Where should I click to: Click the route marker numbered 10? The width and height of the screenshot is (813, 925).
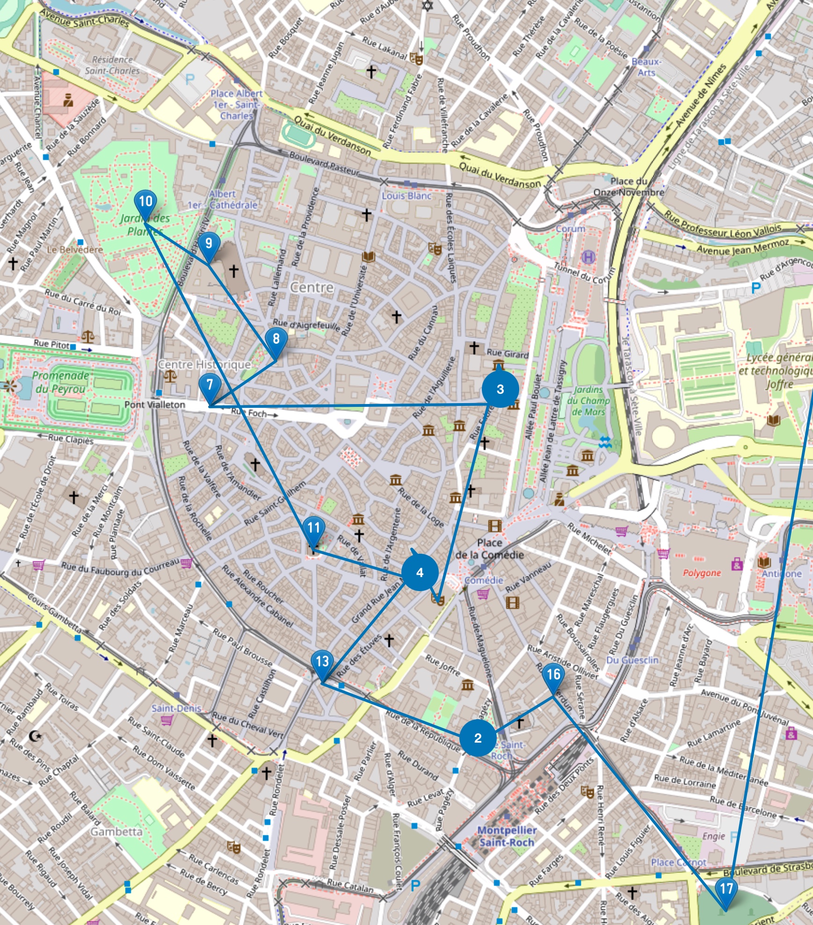[x=145, y=202]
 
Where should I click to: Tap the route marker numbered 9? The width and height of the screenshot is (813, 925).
[x=209, y=244]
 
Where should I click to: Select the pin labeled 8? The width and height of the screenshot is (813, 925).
[x=276, y=339]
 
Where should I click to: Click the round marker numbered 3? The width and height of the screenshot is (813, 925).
[x=500, y=389]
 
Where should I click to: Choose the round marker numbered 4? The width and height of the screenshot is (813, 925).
[x=420, y=572]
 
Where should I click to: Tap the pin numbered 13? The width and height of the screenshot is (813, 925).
[x=322, y=662]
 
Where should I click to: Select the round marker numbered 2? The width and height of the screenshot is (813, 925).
[x=478, y=738]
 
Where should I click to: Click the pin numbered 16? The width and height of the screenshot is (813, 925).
[x=553, y=675]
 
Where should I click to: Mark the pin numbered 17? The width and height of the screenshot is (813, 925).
[x=726, y=889]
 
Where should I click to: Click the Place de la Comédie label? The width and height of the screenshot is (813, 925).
[x=489, y=549]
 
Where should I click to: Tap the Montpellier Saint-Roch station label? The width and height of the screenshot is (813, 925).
[x=507, y=836]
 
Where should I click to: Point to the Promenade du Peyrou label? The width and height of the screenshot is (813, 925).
[x=60, y=382]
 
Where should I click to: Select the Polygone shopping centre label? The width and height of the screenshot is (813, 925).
[x=702, y=573]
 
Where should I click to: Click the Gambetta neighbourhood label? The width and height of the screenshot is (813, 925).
[x=116, y=832]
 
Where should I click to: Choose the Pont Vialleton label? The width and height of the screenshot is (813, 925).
[x=155, y=405]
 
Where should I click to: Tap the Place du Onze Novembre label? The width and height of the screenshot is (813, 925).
[x=629, y=187]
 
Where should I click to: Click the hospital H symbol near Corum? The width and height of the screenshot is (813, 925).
[x=588, y=257]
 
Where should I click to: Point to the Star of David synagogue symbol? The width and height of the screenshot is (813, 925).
[x=427, y=5]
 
